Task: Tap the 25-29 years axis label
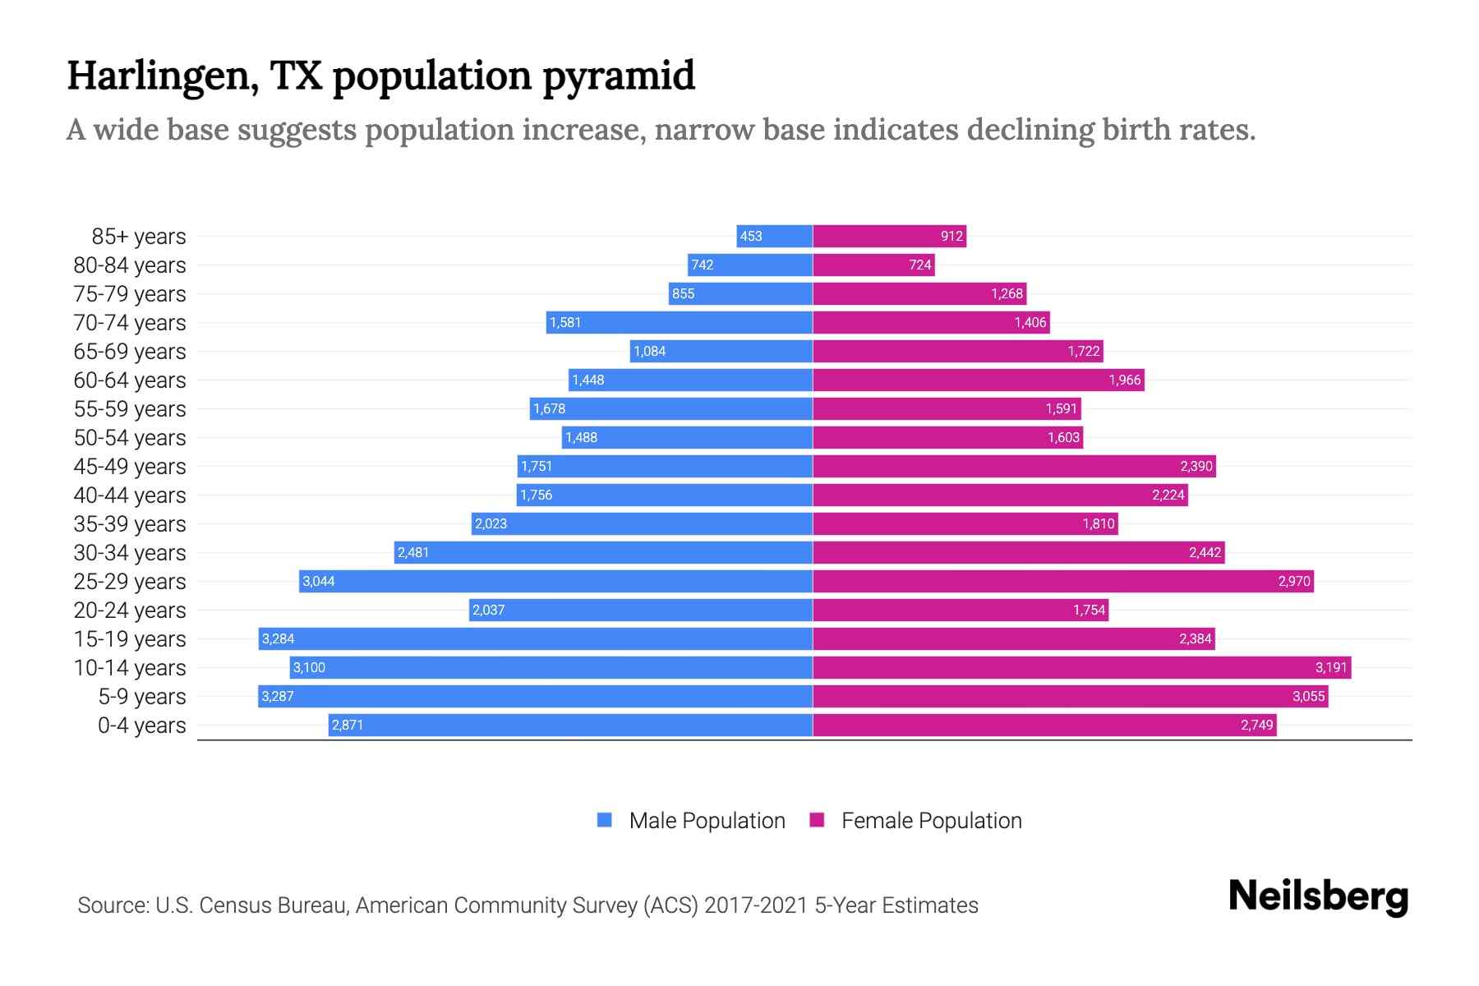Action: tap(130, 582)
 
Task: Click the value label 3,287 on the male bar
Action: tap(278, 697)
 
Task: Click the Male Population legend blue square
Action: tap(605, 820)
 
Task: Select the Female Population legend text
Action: tap(931, 821)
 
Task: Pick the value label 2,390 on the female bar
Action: tap(1196, 467)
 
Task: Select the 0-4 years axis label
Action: tap(141, 726)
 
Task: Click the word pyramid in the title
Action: tap(618, 76)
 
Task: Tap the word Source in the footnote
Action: tap(112, 905)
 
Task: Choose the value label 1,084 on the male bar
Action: tap(649, 352)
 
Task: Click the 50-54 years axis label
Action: tap(130, 438)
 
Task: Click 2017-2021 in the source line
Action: tap(756, 905)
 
